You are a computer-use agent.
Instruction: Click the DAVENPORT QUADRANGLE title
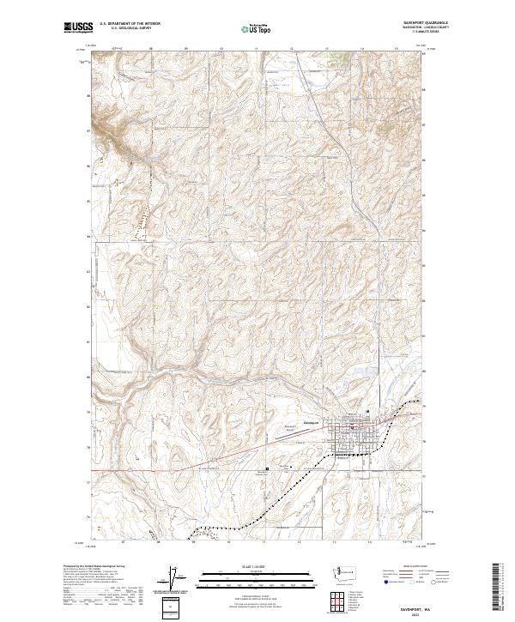[x=411, y=23]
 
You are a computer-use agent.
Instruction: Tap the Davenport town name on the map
[x=309, y=421]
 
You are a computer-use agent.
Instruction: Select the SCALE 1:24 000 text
[x=257, y=567]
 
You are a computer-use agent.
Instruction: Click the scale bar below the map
[x=257, y=576]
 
